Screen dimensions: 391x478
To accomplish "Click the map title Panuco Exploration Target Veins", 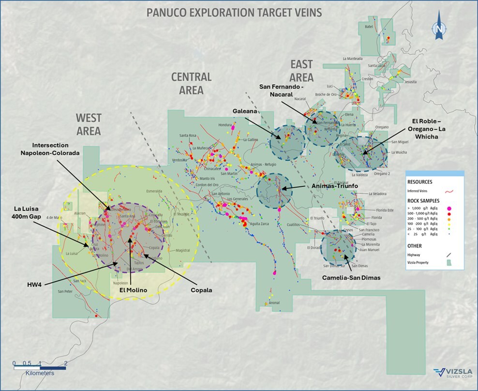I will pos(234,12).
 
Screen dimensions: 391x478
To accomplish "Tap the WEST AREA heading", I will pos(88,124).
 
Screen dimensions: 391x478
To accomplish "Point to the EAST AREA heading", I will pos(301,71).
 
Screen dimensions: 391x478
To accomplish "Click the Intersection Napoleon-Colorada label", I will pos(63,149).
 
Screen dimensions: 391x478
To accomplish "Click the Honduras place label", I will pos(226,125).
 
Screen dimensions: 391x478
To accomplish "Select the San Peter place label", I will pos(65,291).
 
